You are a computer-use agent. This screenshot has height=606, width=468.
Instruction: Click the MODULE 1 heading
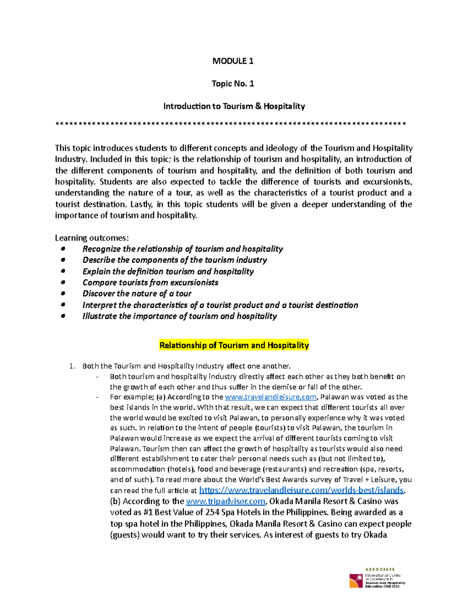coord(233,61)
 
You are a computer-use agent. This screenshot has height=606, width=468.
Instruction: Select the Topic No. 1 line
coord(233,84)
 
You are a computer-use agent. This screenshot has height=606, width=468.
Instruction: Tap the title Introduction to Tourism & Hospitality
coord(234,106)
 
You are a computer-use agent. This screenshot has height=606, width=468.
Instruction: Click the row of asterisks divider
coord(231,124)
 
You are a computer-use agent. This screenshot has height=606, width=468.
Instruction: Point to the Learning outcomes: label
coord(92,238)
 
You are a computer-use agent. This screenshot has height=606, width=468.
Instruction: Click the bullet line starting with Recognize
coord(183,249)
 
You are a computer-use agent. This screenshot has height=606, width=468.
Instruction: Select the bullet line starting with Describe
coord(175,260)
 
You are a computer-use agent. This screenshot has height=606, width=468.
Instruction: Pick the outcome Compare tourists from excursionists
coord(150,283)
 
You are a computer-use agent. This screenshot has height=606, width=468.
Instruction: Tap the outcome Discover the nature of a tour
coord(137,293)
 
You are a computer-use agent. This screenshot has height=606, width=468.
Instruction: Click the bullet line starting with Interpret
coord(220,305)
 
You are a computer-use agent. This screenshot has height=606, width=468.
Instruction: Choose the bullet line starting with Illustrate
coord(179,316)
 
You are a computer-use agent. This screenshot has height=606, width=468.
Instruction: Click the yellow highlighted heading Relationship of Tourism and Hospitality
coord(234,345)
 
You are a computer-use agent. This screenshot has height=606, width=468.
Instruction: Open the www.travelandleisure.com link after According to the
coord(271,397)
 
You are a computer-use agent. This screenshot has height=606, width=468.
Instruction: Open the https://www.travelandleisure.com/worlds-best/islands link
coord(301,490)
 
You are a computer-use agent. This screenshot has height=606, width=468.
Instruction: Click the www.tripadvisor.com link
coord(226,501)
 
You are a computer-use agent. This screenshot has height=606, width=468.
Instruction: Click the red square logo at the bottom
coord(356,580)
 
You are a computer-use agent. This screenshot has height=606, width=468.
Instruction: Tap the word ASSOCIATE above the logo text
coord(380,569)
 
